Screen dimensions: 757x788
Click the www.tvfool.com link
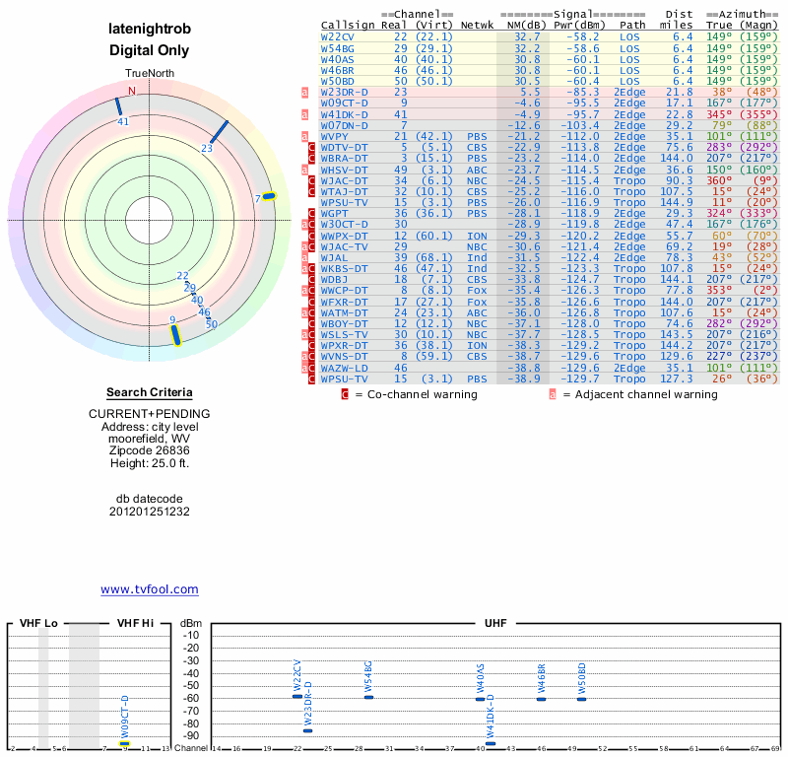150,589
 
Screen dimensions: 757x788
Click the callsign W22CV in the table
338,35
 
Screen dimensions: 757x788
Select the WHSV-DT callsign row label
344,170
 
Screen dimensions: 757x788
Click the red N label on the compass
132,91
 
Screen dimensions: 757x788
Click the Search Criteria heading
150,392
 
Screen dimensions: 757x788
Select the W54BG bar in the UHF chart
368,697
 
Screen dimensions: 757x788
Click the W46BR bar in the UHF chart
541,699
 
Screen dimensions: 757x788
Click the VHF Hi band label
136,623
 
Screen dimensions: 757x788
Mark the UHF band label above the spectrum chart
495,623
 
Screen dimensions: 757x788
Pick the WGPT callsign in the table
335,213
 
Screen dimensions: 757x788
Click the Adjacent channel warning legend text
640,394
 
